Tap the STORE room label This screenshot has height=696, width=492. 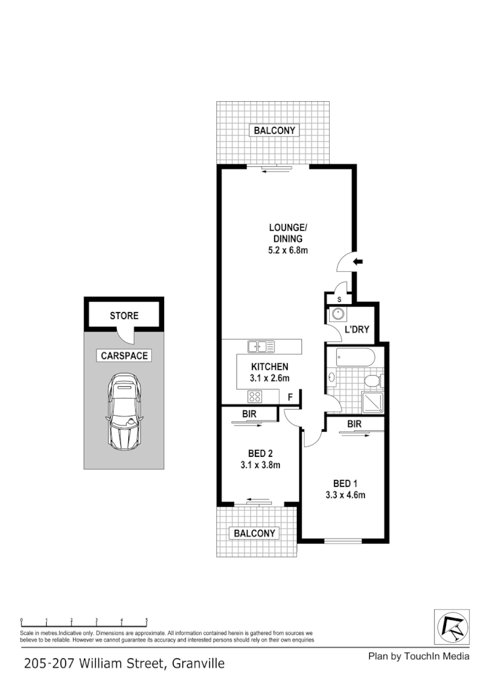point(124,316)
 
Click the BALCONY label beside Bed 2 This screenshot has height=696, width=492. point(255,533)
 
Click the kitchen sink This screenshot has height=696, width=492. point(261,346)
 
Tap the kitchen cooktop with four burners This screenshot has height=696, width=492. point(254,396)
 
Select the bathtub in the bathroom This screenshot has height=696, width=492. point(355,359)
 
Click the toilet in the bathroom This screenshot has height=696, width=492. point(372,381)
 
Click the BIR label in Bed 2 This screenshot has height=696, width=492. point(249,414)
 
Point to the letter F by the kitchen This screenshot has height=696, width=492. point(290,397)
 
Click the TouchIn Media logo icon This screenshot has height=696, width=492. point(453,627)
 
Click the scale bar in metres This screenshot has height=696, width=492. point(83,620)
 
